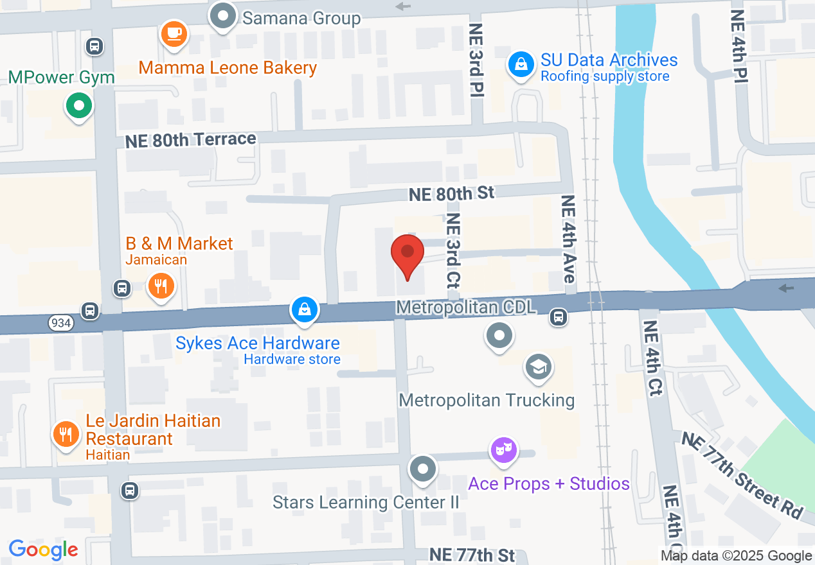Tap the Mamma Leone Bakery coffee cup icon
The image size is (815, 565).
174,33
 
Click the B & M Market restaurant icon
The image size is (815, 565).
160,284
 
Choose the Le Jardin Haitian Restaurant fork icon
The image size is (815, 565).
65,435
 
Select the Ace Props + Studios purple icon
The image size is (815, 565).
504,449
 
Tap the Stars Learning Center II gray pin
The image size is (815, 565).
422,469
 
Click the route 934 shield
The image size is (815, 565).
60,323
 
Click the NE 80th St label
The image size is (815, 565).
452,193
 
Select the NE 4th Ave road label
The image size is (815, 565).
568,239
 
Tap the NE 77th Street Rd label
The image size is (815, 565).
742,474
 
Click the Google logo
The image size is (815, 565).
44,550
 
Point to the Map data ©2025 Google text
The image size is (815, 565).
736,556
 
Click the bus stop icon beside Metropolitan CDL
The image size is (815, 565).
559,317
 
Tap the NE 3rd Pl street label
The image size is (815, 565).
476,60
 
